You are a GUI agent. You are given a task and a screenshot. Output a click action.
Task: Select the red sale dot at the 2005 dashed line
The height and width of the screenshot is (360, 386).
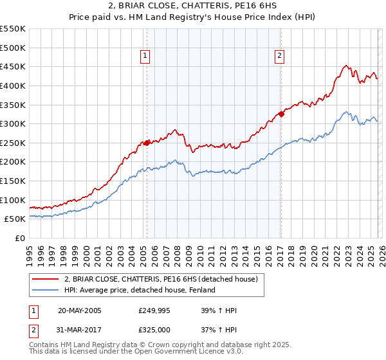coord(147,143)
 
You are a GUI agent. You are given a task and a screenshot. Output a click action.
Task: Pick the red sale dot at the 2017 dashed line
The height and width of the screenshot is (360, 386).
coord(281,114)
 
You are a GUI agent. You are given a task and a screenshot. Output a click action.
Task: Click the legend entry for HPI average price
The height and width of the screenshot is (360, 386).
coord(139,290)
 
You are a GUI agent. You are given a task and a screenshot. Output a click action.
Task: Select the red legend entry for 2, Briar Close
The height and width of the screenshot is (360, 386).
coord(161,279)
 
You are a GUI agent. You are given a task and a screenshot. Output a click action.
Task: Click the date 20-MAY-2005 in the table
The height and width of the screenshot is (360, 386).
coord(79,310)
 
